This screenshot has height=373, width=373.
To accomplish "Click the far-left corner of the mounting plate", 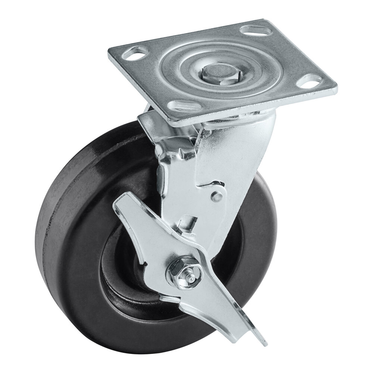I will click(x=110, y=54).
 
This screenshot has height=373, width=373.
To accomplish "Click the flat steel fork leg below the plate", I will click(x=242, y=157).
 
